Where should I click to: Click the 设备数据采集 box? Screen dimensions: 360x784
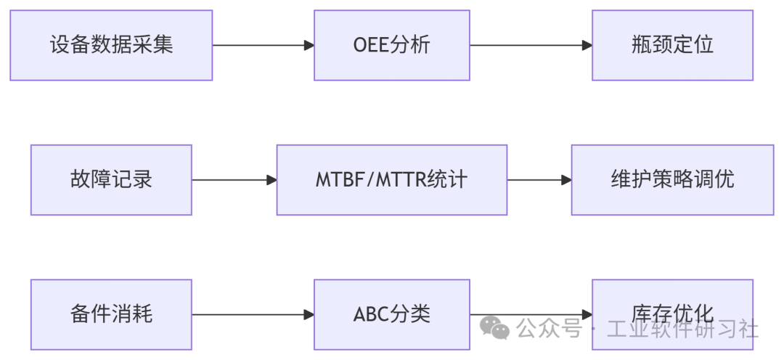click(x=111, y=45)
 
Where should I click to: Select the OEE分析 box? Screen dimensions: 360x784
click(x=391, y=45)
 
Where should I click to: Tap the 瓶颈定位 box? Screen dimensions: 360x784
click(x=672, y=45)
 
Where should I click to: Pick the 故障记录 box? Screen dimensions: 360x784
click(x=111, y=180)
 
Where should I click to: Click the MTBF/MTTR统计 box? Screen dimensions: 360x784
click(x=391, y=180)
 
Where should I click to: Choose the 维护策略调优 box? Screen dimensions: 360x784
click(x=672, y=180)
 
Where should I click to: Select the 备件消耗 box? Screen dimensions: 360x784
click(x=111, y=314)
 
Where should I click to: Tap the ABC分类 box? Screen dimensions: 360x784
click(x=391, y=314)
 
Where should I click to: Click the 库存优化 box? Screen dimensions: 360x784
click(x=672, y=305)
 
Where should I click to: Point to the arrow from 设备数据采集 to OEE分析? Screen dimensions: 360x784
click(x=263, y=45)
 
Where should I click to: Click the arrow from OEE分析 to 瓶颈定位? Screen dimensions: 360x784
click(x=531, y=45)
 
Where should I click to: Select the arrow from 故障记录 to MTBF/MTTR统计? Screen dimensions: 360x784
click(x=234, y=180)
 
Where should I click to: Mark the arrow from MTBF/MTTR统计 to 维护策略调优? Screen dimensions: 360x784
click(x=539, y=180)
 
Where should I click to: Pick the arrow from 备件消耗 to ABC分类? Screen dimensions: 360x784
click(x=253, y=314)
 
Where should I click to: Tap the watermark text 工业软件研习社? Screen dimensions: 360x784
click(x=682, y=330)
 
